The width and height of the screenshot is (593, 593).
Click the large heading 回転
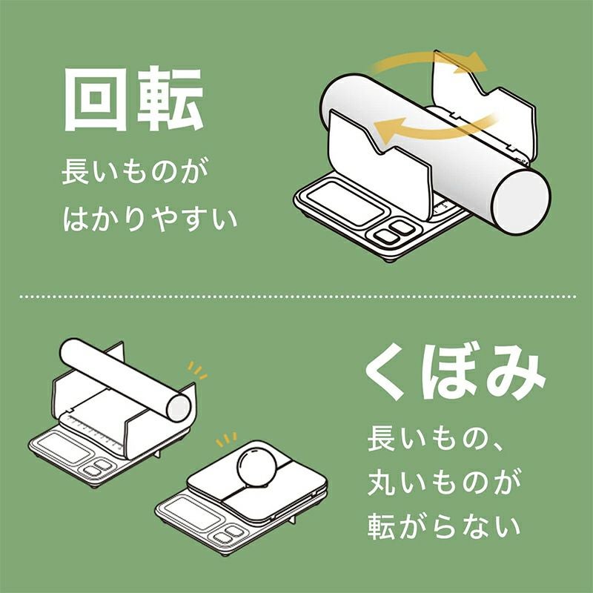[134, 99]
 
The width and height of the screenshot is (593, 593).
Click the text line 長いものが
[135, 171]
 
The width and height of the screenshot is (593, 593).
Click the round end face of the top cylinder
[522, 203]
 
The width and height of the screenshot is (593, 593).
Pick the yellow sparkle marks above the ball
[226, 440]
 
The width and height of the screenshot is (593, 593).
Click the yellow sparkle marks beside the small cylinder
[198, 370]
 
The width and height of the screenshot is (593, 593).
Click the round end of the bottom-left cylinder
[179, 407]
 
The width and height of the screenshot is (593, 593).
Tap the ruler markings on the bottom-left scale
[95, 431]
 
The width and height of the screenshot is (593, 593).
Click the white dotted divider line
[298, 297]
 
